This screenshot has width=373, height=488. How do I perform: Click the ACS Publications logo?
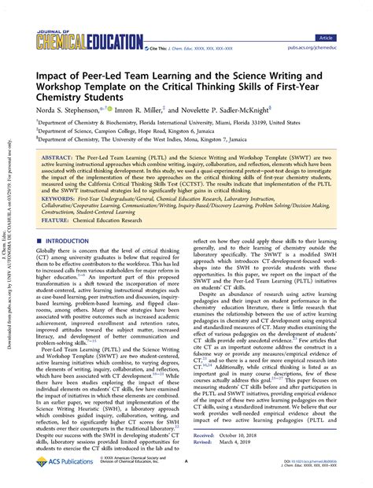66,464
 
